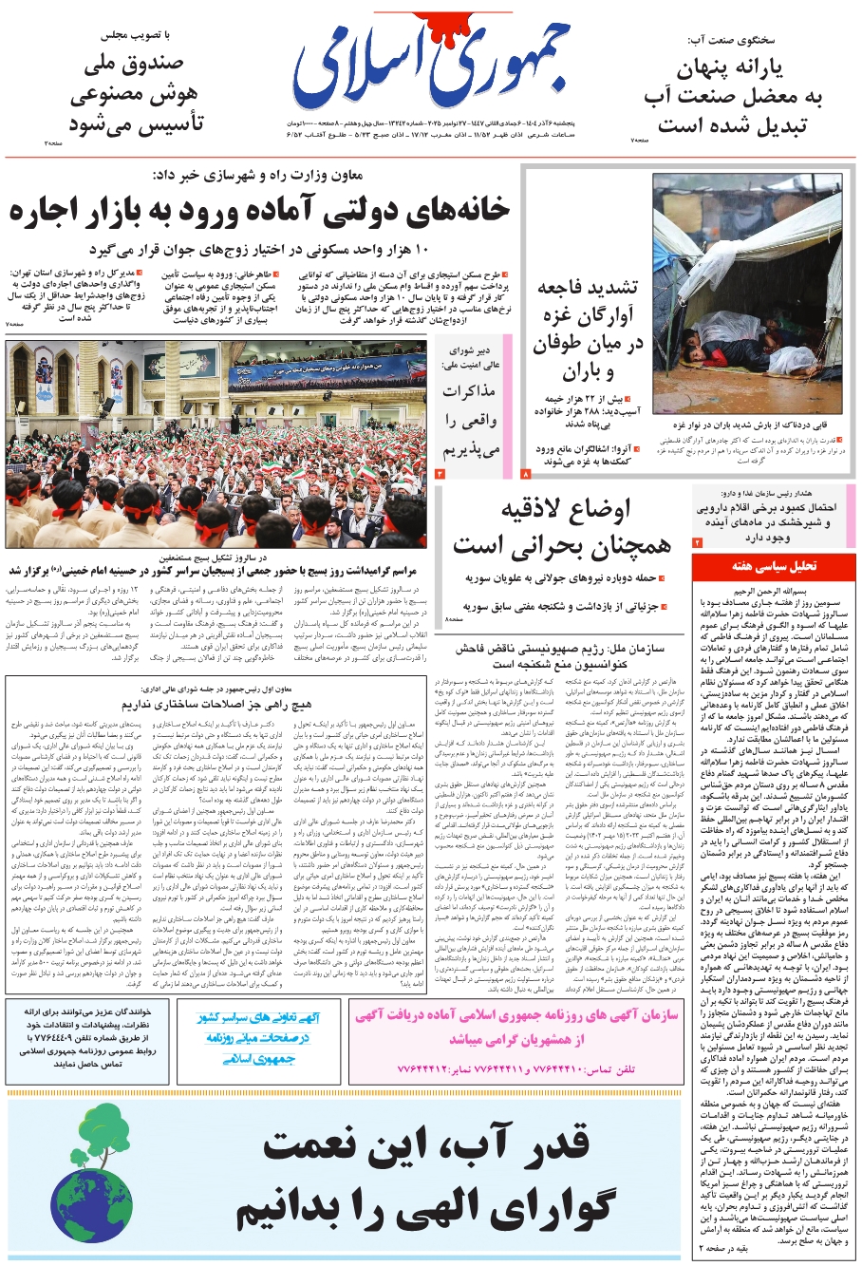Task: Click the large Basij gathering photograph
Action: click(215, 444)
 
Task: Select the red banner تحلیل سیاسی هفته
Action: click(774, 565)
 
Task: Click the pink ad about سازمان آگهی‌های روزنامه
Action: click(515, 1028)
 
